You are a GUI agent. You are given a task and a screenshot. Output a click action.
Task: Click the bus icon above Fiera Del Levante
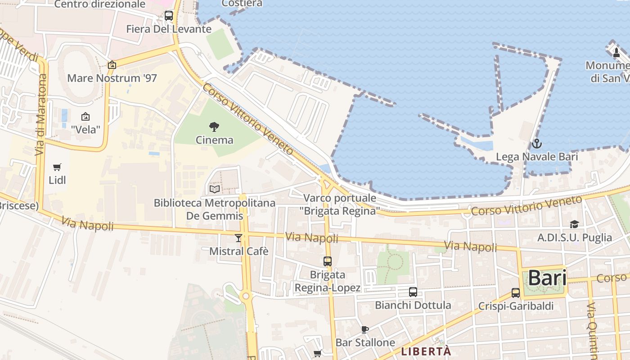(169, 16)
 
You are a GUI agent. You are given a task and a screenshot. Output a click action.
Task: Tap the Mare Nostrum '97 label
(112, 78)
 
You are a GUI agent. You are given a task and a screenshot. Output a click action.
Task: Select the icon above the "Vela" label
(85, 117)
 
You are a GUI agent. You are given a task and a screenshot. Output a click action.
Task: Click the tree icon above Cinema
(214, 127)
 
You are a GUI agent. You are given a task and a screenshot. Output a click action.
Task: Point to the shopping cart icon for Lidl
(57, 167)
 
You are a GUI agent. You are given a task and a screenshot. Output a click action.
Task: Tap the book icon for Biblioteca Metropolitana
(215, 189)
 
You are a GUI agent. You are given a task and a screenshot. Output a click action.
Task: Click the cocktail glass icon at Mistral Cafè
(238, 238)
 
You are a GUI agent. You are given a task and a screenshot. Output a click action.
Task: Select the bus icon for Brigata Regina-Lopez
(328, 261)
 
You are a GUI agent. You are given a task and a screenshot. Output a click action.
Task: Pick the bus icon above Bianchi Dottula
(413, 292)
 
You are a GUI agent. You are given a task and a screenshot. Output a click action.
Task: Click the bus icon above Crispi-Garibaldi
(516, 293)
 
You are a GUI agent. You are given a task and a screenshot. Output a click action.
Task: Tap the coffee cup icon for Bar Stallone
(365, 329)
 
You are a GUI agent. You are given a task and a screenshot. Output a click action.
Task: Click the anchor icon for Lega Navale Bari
(536, 144)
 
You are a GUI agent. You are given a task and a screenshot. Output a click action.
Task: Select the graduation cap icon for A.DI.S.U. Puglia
(574, 224)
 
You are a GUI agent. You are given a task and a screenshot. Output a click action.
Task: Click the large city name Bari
(547, 278)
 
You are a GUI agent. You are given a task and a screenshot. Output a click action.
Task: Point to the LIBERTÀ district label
(426, 351)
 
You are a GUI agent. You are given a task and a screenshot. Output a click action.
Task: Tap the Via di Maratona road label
(41, 115)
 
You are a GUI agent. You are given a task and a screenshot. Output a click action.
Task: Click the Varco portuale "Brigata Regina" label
(340, 204)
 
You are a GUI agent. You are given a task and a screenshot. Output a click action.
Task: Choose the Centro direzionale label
(100, 4)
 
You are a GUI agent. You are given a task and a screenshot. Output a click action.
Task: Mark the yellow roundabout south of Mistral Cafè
(246, 296)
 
